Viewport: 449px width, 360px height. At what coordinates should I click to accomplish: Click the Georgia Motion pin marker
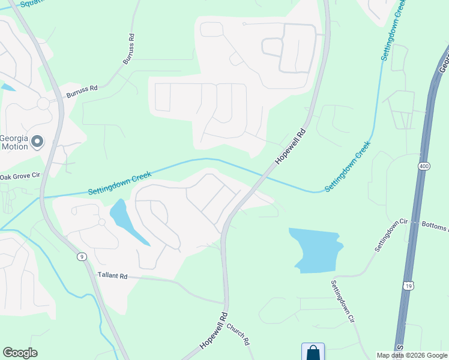37,142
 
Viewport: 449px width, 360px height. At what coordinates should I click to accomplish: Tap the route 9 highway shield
81,256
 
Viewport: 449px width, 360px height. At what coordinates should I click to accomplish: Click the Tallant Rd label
113,276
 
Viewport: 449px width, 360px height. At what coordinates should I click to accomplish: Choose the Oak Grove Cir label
20,176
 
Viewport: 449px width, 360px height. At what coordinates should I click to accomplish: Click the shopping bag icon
313,352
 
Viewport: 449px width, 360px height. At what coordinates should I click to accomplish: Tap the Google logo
20,353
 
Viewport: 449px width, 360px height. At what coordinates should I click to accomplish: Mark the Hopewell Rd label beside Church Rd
214,331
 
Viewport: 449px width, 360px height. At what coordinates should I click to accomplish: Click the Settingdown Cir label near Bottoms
391,236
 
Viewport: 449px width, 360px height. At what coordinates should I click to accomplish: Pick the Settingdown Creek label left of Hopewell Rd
119,183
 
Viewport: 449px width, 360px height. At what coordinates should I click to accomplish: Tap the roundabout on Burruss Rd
43,104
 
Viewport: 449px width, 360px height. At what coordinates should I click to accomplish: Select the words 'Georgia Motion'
16,142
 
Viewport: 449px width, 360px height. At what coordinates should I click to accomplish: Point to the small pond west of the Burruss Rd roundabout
7,87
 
